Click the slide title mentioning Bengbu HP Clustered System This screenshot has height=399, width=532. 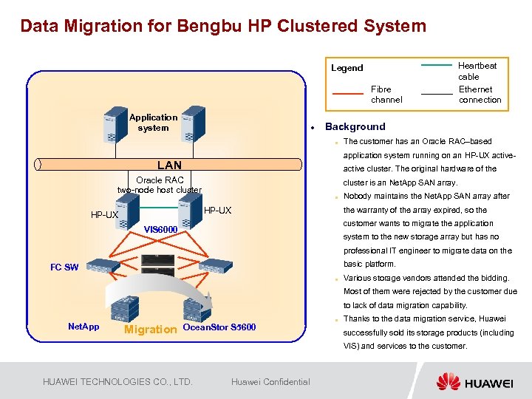223,27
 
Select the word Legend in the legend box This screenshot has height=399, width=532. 347,68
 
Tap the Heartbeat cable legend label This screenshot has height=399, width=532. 477,71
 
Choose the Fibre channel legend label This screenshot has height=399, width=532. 386,95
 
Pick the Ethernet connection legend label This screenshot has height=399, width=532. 480,95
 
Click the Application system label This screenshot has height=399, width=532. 153,123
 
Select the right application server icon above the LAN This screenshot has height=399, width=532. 193,123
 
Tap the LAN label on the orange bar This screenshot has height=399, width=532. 169,165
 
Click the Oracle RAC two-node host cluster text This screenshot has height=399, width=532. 160,185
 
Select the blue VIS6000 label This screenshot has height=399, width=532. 160,229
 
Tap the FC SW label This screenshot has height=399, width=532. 64,267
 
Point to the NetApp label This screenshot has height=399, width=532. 83,326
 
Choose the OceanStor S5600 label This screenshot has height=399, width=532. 219,327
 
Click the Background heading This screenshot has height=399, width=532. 355,126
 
